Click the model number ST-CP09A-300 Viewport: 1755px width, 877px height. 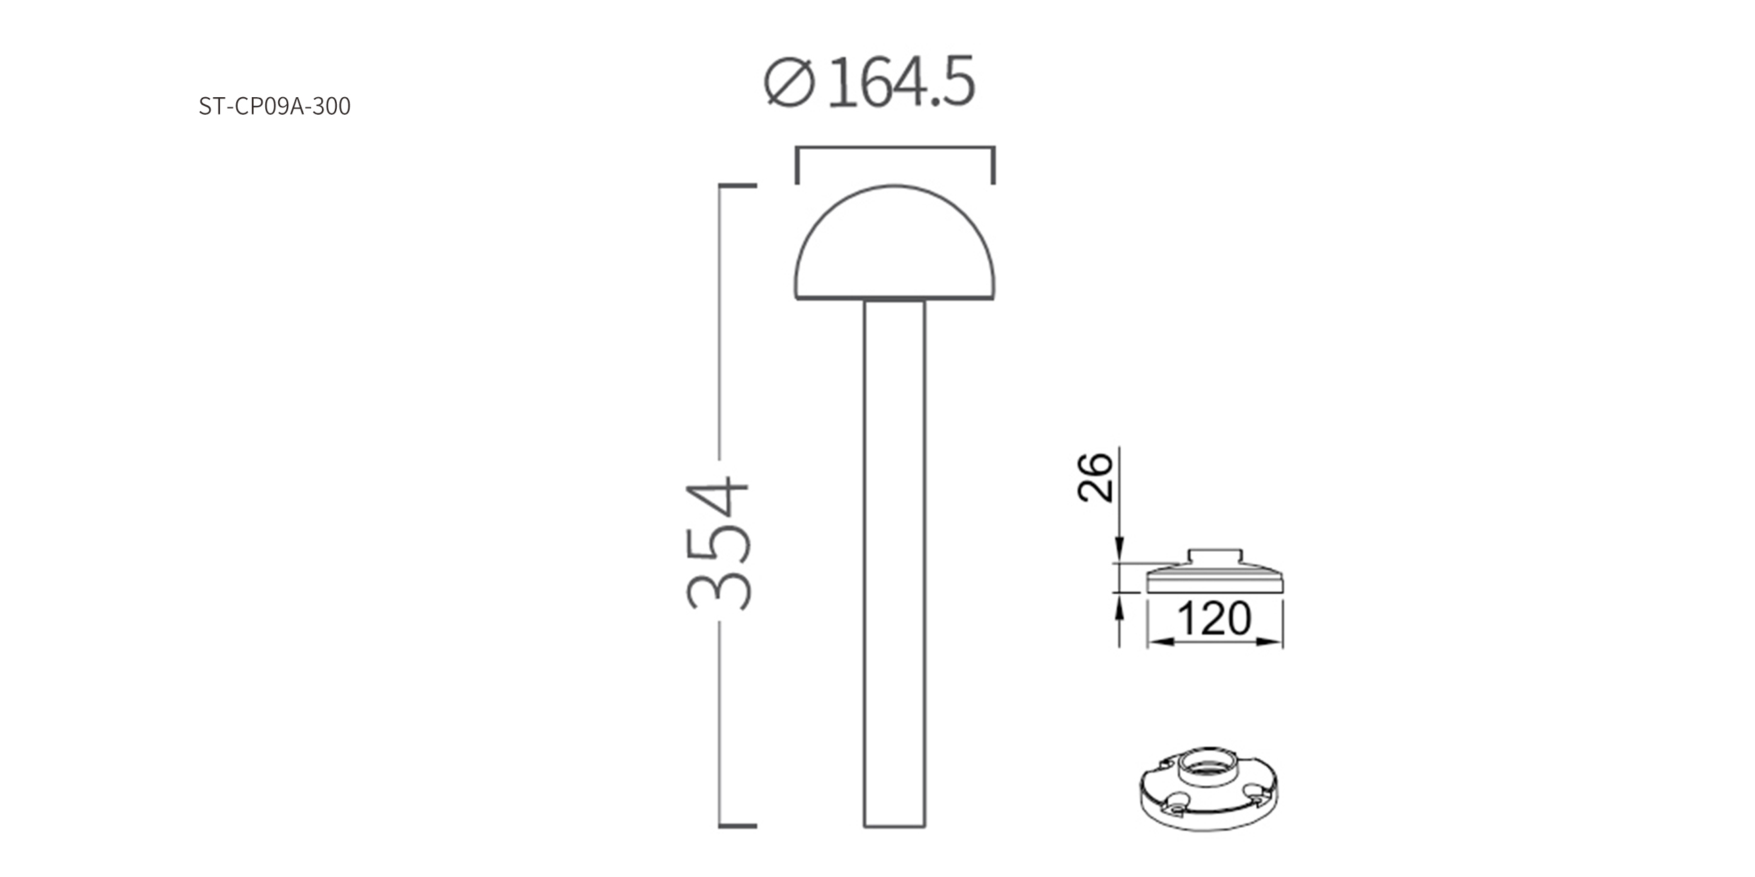pos(275,106)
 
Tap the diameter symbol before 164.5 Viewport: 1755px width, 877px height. pos(790,82)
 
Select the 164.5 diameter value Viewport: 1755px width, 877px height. pos(900,82)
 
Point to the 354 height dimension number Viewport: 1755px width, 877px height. pos(719,542)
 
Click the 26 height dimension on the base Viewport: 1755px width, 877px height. pos(1095,478)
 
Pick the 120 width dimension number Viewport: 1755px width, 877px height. pos(1214,618)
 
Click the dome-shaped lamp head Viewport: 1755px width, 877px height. pos(894,242)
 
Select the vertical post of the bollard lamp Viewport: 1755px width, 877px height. pos(894,564)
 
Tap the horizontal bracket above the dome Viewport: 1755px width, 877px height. pos(895,148)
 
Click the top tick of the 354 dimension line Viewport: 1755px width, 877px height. pos(738,186)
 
